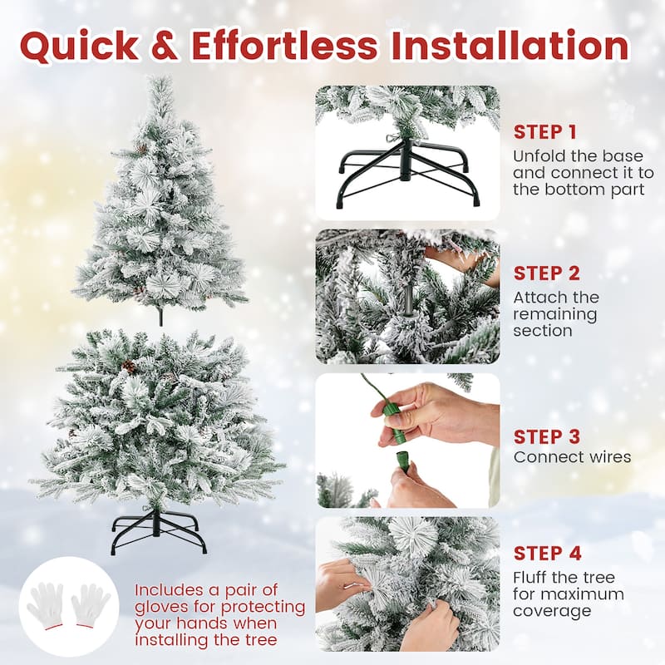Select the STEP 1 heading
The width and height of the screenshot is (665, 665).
click(544, 131)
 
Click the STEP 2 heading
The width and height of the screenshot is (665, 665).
click(546, 273)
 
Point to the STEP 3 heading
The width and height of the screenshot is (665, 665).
click(546, 436)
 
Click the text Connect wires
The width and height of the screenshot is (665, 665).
click(572, 457)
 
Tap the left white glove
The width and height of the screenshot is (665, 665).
click(45, 605)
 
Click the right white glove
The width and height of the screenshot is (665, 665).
click(91, 605)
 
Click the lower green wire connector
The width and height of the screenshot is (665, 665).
click(402, 461)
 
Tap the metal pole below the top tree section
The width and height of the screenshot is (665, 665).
click(160, 316)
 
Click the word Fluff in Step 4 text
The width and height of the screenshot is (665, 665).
click(530, 578)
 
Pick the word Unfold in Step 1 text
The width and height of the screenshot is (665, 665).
click(537, 156)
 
